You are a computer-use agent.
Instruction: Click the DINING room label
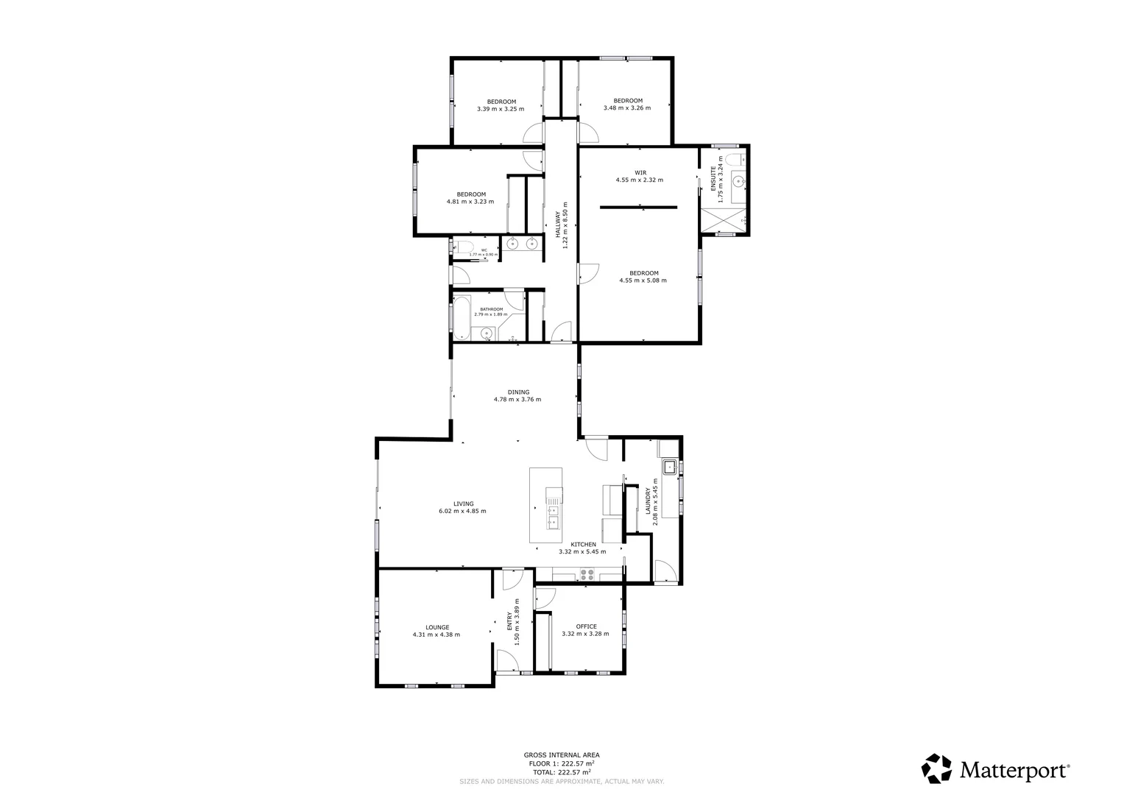point(517,392)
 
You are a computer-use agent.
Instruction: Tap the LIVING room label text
point(463,504)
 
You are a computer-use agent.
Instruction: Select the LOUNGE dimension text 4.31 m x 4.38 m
point(436,635)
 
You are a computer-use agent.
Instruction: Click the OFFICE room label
point(586,626)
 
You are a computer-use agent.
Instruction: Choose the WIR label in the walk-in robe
point(640,173)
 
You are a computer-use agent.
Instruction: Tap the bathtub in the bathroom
point(462,318)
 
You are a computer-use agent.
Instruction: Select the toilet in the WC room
point(462,247)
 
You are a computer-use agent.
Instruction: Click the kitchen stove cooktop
point(587,575)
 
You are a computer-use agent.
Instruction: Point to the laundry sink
point(670,467)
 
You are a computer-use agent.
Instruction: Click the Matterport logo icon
point(936,768)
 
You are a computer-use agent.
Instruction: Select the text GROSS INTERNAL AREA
point(561,755)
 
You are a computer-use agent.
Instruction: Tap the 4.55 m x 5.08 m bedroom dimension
point(643,280)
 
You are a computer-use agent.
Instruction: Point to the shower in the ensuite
point(724,219)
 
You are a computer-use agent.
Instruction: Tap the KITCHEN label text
point(583,545)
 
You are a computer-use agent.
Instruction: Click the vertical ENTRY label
point(509,622)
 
